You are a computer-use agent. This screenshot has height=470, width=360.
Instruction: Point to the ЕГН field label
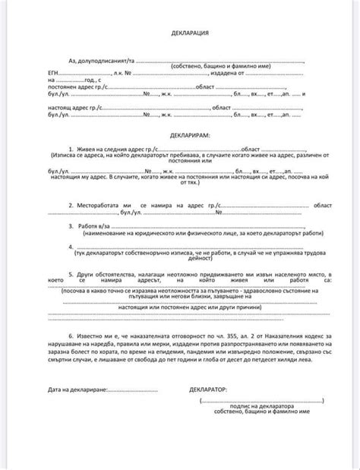[x=54, y=74]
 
